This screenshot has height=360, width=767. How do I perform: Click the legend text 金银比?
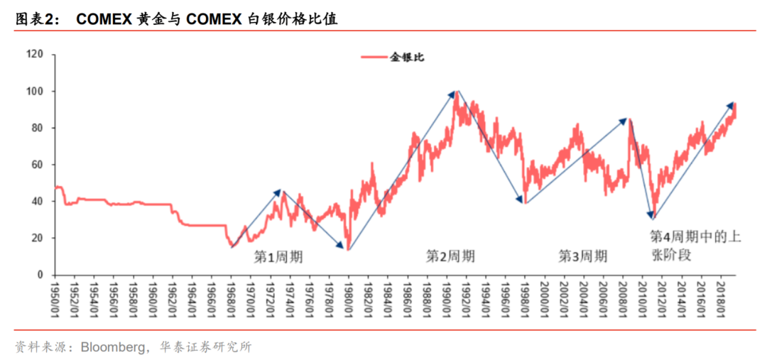pyautogui.click(x=407, y=57)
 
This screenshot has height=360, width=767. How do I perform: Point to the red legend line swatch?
pyautogui.click(x=374, y=57)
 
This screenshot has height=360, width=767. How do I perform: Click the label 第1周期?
pyautogui.click(x=278, y=256)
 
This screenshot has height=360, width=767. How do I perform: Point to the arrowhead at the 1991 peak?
pyautogui.click(x=452, y=93)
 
